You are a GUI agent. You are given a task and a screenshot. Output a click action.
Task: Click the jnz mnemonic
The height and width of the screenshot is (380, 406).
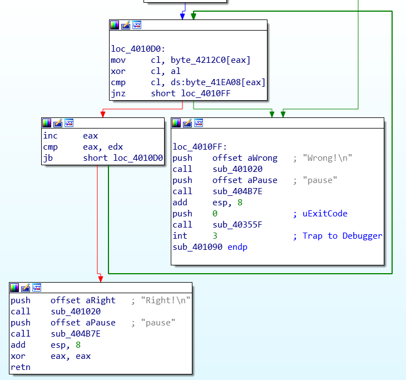(x=118, y=93)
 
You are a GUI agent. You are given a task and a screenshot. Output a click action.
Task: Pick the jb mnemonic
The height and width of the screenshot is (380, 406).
(x=48, y=158)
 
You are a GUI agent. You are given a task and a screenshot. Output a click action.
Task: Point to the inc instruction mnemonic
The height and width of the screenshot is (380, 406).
(x=50, y=136)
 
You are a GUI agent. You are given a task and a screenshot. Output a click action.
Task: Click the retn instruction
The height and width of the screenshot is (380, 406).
(x=21, y=367)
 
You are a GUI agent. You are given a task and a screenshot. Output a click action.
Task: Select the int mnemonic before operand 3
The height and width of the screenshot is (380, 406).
(x=180, y=236)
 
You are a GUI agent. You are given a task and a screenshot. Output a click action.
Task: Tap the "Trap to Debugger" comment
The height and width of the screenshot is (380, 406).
(x=342, y=236)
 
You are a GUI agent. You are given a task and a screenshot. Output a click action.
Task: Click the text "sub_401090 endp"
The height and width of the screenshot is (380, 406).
(x=210, y=247)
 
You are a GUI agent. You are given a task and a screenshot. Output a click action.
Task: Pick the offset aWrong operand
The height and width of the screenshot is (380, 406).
(x=245, y=158)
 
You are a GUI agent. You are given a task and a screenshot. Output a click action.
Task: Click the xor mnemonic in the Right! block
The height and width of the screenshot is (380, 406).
(x=18, y=356)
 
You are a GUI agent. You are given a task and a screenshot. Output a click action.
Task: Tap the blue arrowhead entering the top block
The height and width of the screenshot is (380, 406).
(x=182, y=17)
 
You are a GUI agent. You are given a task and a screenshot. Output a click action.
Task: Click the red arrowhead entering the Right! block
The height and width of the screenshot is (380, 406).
(x=100, y=278)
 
